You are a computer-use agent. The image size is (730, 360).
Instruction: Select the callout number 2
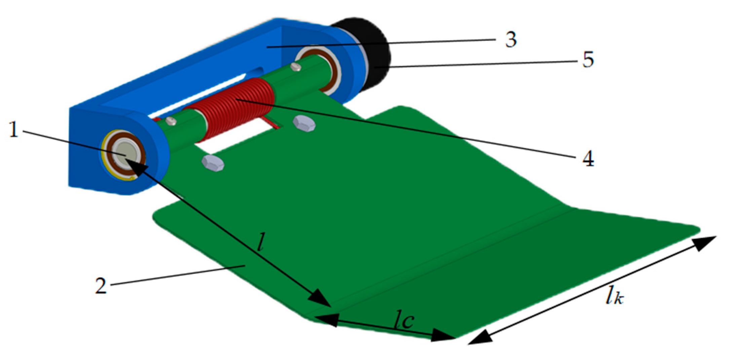click(101, 286)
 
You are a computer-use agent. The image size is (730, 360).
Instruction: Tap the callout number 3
click(511, 40)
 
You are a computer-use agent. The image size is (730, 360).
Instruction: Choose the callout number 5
click(588, 60)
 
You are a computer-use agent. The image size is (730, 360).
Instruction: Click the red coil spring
click(232, 108)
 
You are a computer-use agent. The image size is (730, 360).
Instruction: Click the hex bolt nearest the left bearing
click(213, 163)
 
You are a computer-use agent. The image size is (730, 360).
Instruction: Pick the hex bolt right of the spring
click(304, 123)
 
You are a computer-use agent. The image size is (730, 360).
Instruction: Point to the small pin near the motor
click(296, 67)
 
